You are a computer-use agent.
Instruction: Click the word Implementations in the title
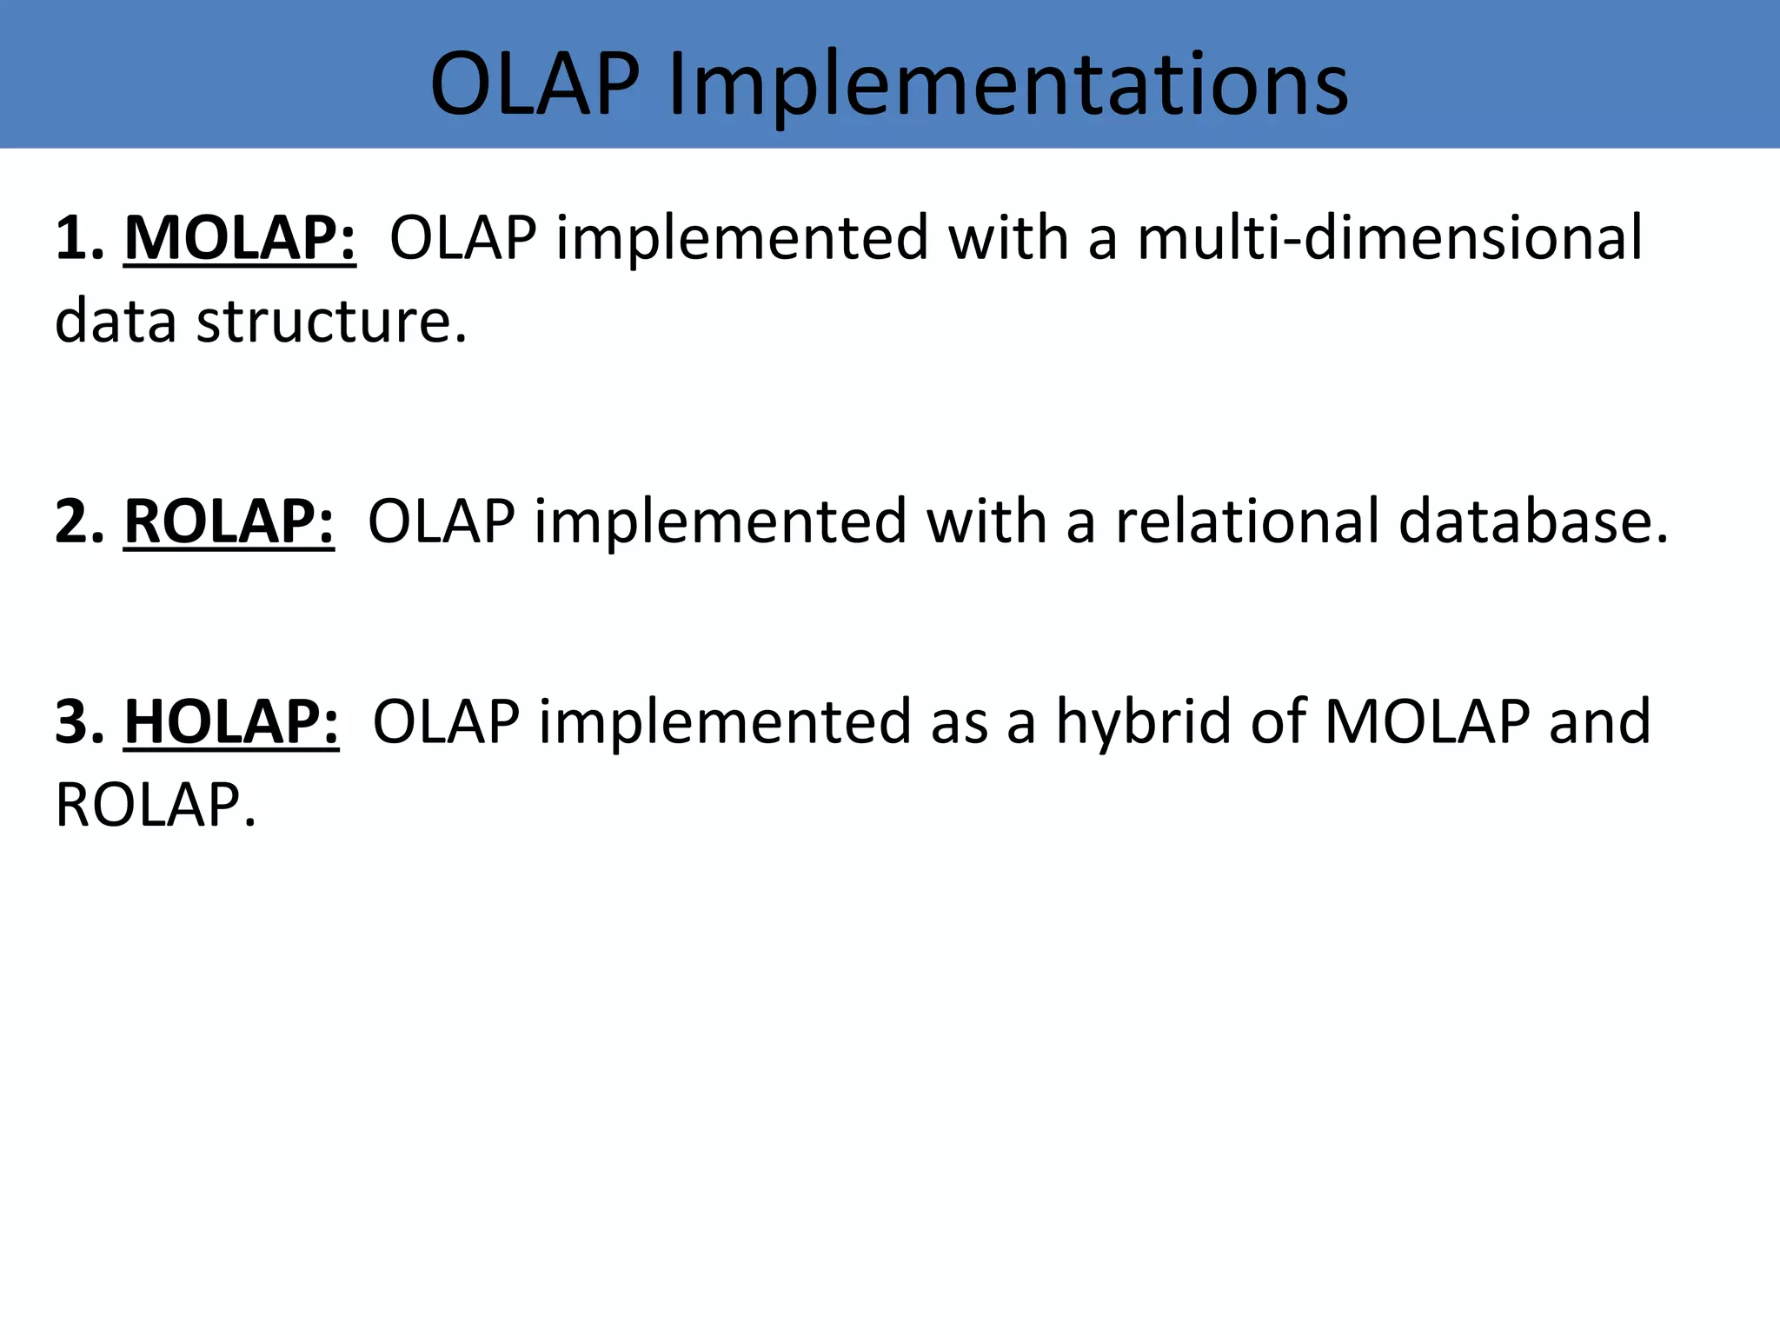pyautogui.click(x=1008, y=84)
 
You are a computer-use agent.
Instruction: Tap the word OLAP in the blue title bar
pyautogui.click(x=535, y=84)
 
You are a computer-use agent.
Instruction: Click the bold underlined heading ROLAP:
pyautogui.click(x=229, y=521)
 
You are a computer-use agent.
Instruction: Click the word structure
pyautogui.click(x=331, y=321)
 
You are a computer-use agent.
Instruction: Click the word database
pyautogui.click(x=1534, y=521)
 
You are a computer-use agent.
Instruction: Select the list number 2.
pyautogui.click(x=78, y=521)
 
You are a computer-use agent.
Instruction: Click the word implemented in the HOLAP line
pyautogui.click(x=725, y=723)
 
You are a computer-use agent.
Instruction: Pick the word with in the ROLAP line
pyautogui.click(x=986, y=521)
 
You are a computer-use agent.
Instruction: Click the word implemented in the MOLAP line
pyautogui.click(x=742, y=239)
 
